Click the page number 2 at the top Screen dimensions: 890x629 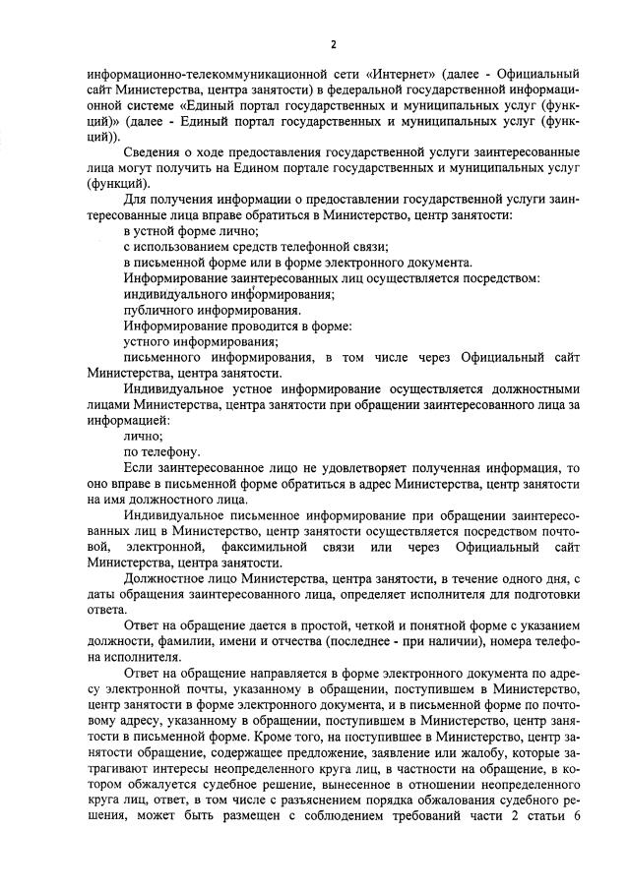coord(334,45)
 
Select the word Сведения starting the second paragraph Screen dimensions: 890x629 coord(155,154)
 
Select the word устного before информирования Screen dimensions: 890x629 coord(147,341)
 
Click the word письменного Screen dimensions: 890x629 coord(162,357)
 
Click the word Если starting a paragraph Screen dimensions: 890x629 coord(139,468)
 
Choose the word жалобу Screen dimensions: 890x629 coord(454,750)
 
